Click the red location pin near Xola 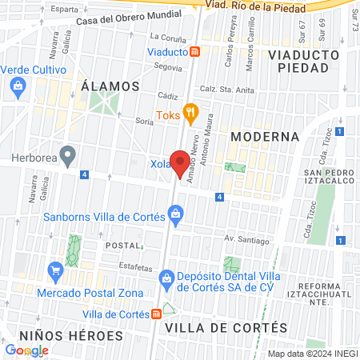pyautogui.click(x=181, y=165)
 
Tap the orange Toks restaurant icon pyautogui.click(x=190, y=113)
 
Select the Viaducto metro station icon pyautogui.click(x=195, y=52)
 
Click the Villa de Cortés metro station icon pyautogui.click(x=156, y=314)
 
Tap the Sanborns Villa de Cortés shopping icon pyautogui.click(x=175, y=214)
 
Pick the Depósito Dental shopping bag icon pyautogui.click(x=166, y=279)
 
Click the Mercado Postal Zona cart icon pyautogui.click(x=55, y=270)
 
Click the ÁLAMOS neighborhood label pyautogui.click(x=110, y=86)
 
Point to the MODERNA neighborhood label pyautogui.click(x=265, y=137)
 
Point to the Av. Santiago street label pyautogui.click(x=244, y=238)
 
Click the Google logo pyautogui.click(x=27, y=350)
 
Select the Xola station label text pyautogui.click(x=160, y=164)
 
